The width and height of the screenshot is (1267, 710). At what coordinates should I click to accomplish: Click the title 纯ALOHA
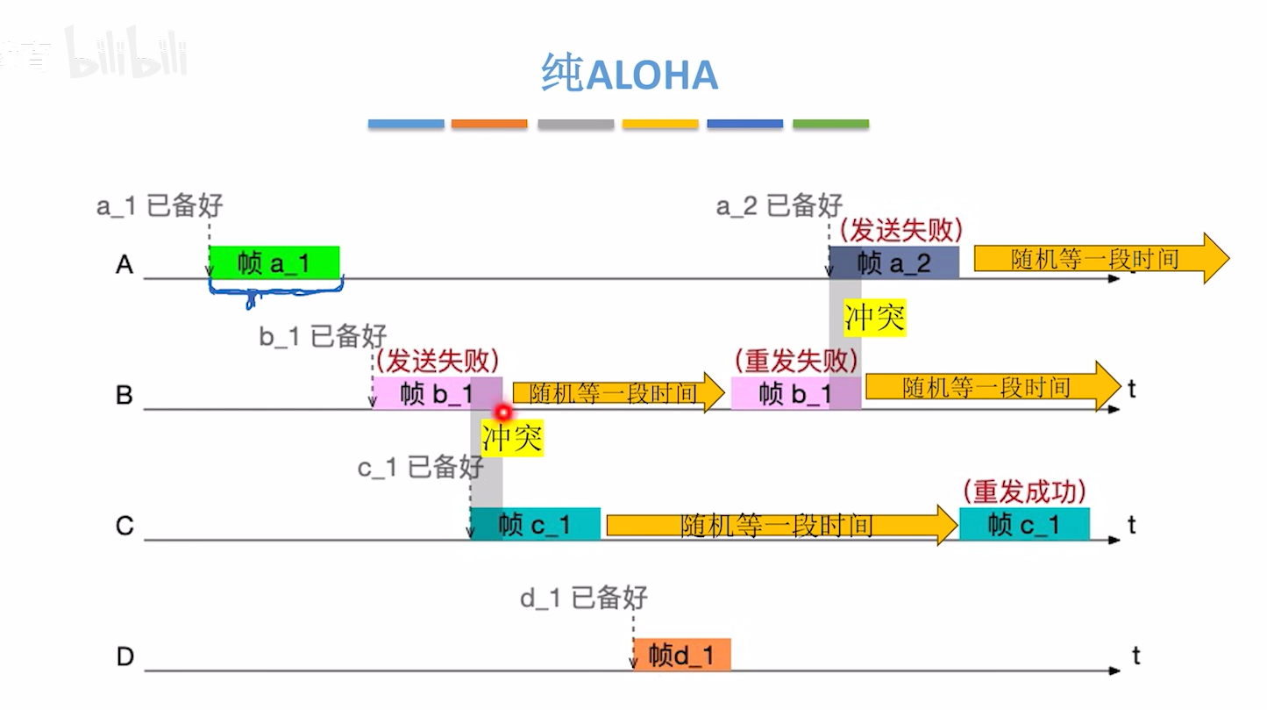(630, 75)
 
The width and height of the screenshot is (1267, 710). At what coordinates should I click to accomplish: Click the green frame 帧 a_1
(274, 262)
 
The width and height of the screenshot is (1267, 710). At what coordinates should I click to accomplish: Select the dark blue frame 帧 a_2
(893, 262)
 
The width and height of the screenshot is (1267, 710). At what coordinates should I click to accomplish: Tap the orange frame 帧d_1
(681, 655)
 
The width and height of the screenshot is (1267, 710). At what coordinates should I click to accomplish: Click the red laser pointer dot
(503, 412)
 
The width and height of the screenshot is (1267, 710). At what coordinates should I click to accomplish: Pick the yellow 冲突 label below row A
(874, 318)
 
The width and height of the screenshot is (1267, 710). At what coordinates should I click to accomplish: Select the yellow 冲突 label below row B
(512, 436)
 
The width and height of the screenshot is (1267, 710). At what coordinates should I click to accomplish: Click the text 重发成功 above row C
(1024, 491)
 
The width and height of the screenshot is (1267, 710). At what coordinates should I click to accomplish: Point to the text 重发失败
(794, 361)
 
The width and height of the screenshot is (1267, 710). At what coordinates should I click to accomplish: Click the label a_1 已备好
(160, 206)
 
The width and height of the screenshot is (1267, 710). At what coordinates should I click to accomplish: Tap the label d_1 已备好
(583, 599)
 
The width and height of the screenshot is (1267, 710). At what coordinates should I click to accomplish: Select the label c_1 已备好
(420, 468)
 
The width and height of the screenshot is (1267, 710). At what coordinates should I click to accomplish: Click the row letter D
(125, 656)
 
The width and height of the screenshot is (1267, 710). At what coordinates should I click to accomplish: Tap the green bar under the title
(830, 124)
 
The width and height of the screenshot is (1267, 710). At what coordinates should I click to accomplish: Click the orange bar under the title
(489, 124)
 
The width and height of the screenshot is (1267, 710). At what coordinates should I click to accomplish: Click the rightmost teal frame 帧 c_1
(1024, 524)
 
